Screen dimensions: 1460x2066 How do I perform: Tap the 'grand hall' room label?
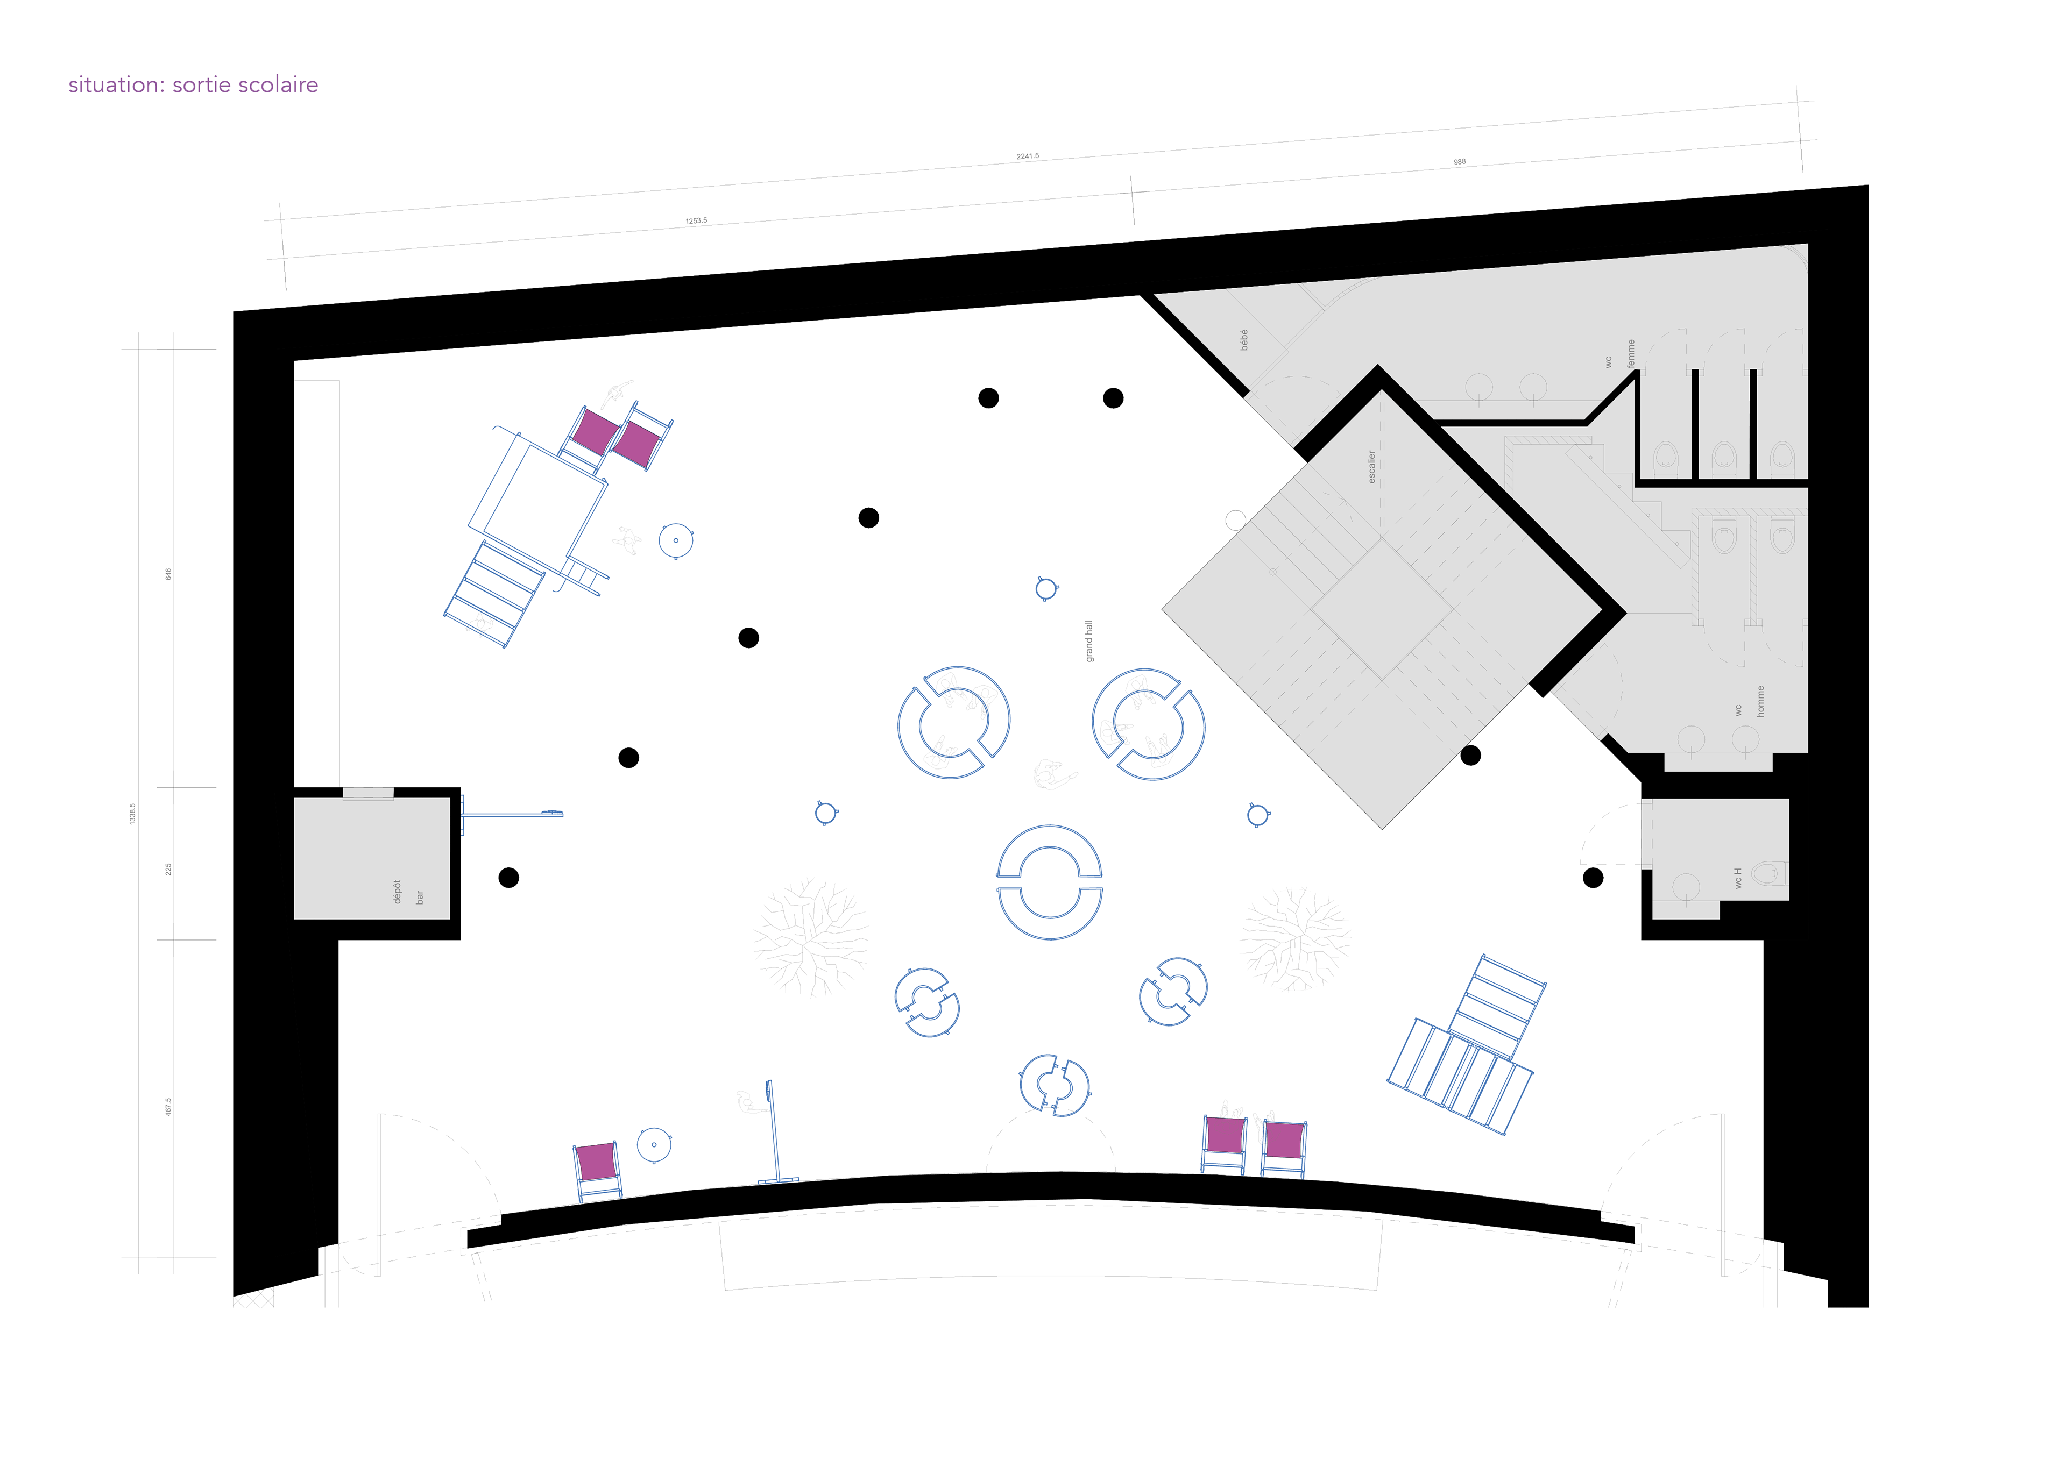pos(1089,640)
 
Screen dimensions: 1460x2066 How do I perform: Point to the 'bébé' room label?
pos(1244,339)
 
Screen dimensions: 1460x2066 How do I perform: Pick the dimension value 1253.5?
pos(696,220)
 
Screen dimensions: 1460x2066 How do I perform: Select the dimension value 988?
pos(1460,162)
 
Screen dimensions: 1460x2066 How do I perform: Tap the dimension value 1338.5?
pos(132,814)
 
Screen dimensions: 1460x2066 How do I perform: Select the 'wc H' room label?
pos(1738,878)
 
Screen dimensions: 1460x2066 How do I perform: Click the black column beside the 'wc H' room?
pos(1593,877)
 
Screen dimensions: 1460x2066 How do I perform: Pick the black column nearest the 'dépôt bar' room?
pos(508,877)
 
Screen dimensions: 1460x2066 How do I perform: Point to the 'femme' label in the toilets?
pos(1631,353)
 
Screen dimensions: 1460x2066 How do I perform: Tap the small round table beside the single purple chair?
pos(654,1145)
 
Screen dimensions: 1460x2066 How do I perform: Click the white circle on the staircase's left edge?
pos(1235,520)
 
